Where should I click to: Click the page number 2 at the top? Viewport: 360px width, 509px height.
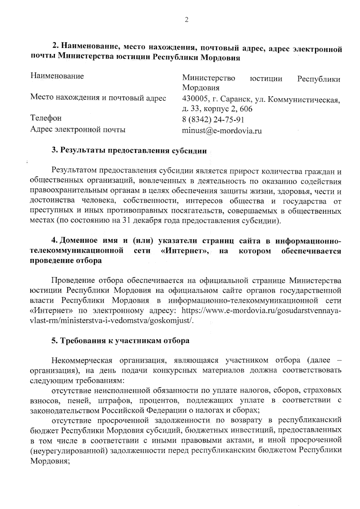point(187,20)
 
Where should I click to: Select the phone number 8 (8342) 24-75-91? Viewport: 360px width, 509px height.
point(213,120)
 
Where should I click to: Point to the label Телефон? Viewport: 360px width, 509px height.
point(46,118)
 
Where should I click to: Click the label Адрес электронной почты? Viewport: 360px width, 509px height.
point(78,129)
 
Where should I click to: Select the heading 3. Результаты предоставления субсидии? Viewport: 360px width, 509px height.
point(129,150)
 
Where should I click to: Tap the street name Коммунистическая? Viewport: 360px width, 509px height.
point(303,99)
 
